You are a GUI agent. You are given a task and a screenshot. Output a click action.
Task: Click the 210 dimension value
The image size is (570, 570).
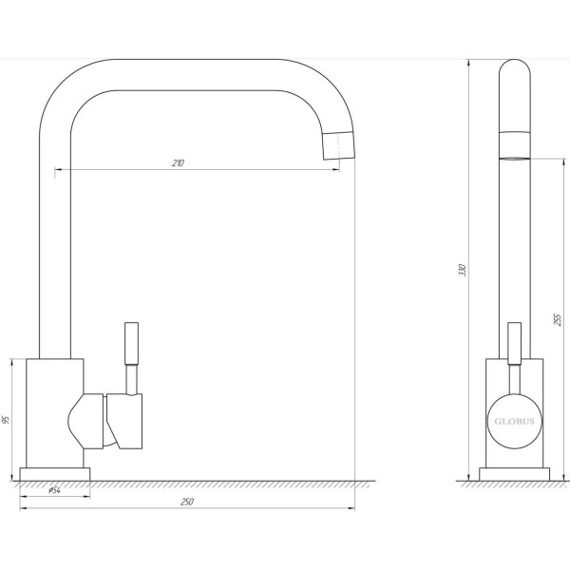tap(179, 162)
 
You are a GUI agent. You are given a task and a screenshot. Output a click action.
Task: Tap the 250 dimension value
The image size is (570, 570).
tap(187, 502)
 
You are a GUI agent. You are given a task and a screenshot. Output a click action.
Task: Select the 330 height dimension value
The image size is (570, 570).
tap(463, 270)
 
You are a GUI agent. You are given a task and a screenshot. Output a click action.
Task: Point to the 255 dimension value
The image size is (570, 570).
tap(558, 319)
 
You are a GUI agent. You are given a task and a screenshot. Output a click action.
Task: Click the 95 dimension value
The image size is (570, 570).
tap(6, 420)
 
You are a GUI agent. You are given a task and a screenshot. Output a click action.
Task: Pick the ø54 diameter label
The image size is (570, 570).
tap(54, 490)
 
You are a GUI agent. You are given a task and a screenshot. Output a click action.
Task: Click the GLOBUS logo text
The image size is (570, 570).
tap(514, 421)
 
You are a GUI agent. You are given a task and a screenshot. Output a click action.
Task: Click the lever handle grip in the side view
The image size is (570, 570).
tap(514, 343)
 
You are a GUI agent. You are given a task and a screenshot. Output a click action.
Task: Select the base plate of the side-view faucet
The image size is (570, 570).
tap(514, 474)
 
